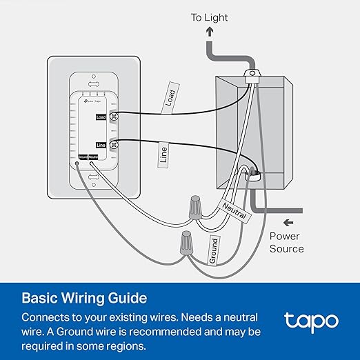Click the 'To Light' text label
point(210,17)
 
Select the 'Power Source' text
point(286,242)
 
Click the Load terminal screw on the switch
point(114,118)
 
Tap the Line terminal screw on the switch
point(114,144)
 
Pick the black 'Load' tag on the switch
point(101,118)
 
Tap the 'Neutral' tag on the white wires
point(233,206)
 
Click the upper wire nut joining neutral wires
point(194,205)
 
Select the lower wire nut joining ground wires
point(185,243)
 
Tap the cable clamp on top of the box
point(254,72)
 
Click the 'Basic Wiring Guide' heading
point(84,298)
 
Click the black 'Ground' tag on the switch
point(82,157)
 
